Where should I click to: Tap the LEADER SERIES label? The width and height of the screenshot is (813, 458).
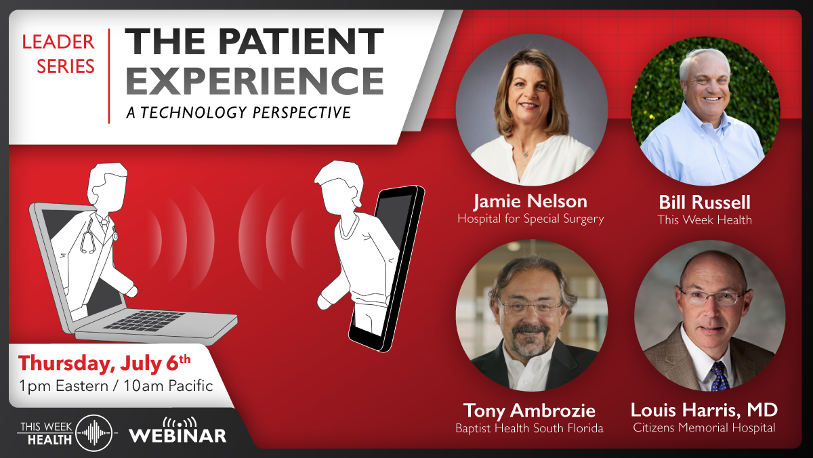click(58, 54)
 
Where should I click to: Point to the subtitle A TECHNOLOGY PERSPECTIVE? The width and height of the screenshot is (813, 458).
click(238, 112)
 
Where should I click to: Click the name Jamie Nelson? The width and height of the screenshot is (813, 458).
click(530, 201)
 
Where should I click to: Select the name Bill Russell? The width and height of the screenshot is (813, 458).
click(705, 203)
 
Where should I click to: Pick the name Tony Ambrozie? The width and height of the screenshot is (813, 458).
click(529, 410)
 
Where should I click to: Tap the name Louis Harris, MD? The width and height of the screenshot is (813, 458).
click(704, 410)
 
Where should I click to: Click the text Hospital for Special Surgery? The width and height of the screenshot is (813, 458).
click(530, 219)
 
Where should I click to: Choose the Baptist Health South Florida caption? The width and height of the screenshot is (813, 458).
click(529, 428)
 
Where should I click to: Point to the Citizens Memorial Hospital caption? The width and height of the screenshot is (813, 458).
click(704, 428)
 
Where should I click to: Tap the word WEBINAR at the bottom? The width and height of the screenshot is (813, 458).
click(178, 435)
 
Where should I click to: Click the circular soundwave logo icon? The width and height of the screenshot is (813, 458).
click(93, 433)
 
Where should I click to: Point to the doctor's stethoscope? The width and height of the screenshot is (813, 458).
click(89, 237)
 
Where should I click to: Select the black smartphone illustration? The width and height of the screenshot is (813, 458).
click(390, 271)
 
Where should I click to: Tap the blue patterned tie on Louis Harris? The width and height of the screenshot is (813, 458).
click(719, 376)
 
